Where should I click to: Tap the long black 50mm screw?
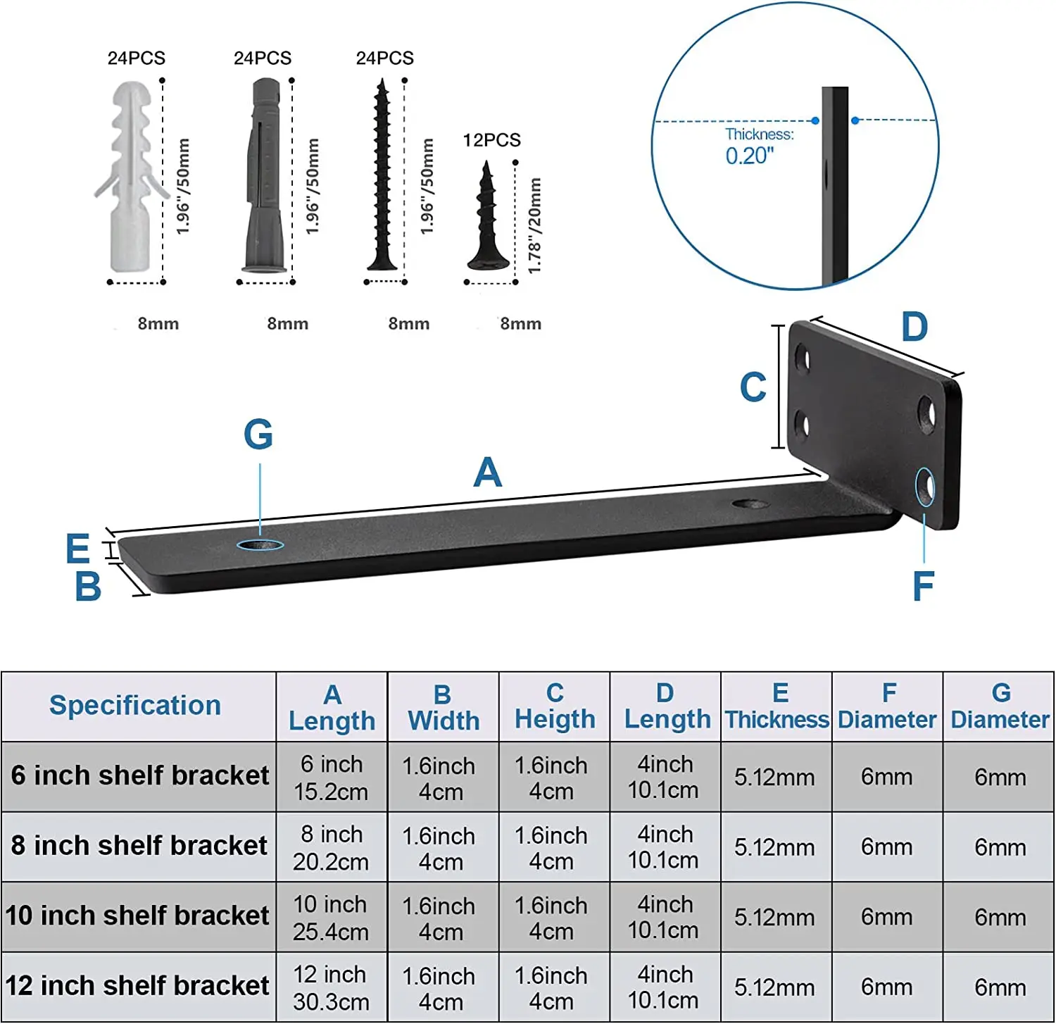point(382,176)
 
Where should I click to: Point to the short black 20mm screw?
point(487,218)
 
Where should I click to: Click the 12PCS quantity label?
point(491,140)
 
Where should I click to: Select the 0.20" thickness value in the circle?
point(750,156)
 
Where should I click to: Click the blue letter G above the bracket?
point(258,435)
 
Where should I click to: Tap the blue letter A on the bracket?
point(487,473)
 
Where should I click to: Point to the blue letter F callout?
point(923,587)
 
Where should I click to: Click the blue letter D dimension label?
point(914,327)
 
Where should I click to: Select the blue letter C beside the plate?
point(753,387)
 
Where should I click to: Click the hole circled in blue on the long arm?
point(260,544)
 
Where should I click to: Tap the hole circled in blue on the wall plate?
point(924,487)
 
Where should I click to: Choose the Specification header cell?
point(136,706)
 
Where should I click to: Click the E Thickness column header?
point(777,706)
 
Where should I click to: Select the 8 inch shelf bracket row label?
point(139,845)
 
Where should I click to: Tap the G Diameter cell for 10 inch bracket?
point(999,917)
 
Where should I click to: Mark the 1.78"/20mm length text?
point(534,225)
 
